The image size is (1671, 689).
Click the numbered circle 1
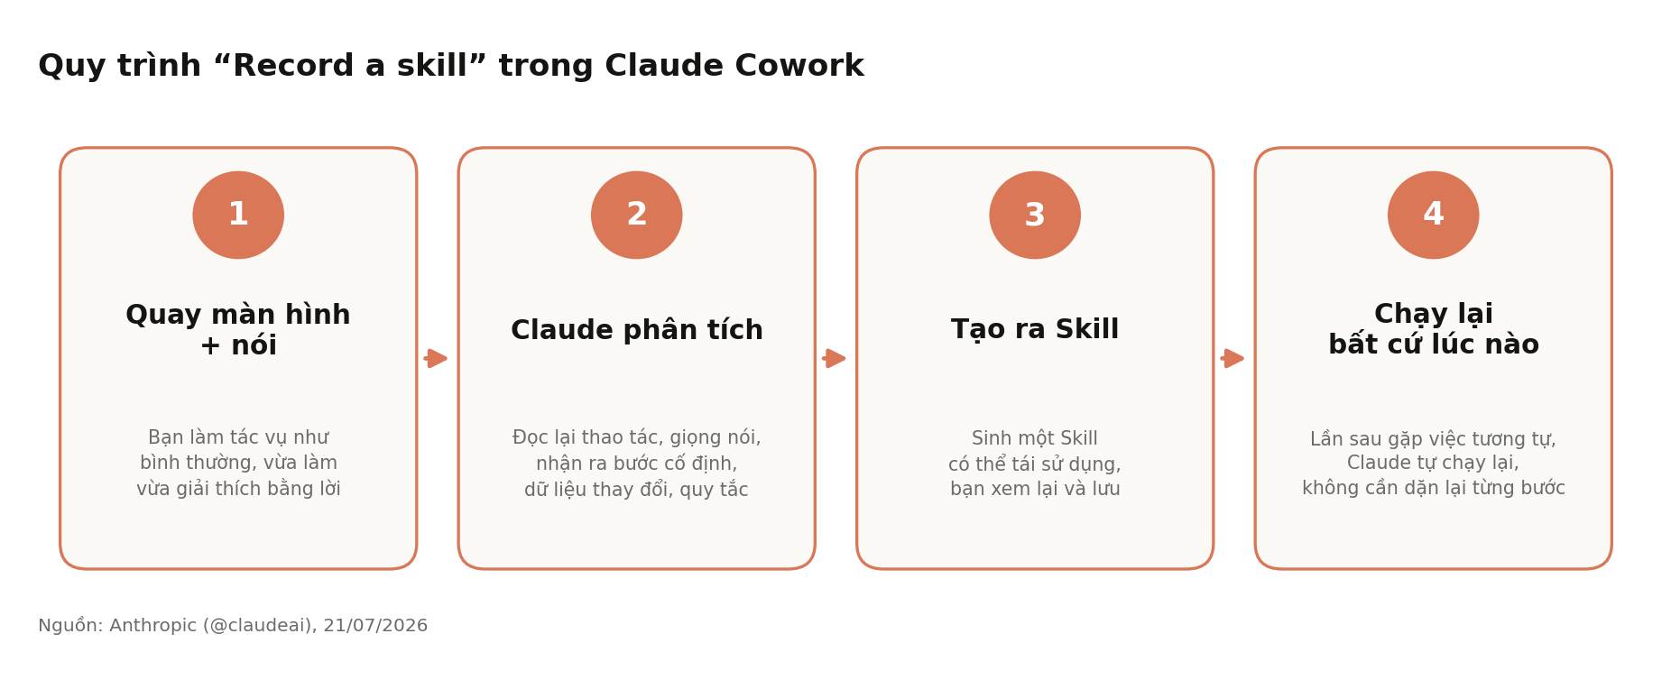[238, 215]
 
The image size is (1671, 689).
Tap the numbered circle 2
[637, 215]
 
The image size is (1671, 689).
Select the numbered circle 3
[1035, 215]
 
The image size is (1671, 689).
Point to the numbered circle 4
[1434, 215]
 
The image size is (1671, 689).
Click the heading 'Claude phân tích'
[637, 331]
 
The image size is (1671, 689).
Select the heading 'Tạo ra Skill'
[1035, 330]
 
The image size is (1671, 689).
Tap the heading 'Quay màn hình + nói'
[238, 330]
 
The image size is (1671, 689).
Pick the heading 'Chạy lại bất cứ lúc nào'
[1434, 330]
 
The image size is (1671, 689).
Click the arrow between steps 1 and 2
[436, 358]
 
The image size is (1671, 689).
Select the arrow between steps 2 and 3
[835, 358]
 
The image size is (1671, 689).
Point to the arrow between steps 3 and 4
[1232, 358]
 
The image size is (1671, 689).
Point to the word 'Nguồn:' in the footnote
[70, 626]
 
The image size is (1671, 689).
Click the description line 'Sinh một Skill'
[1035, 439]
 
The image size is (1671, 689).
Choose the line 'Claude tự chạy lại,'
[1434, 464]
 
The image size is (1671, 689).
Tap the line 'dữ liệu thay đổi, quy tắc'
[637, 490]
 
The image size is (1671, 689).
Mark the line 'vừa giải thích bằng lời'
[238, 489]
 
